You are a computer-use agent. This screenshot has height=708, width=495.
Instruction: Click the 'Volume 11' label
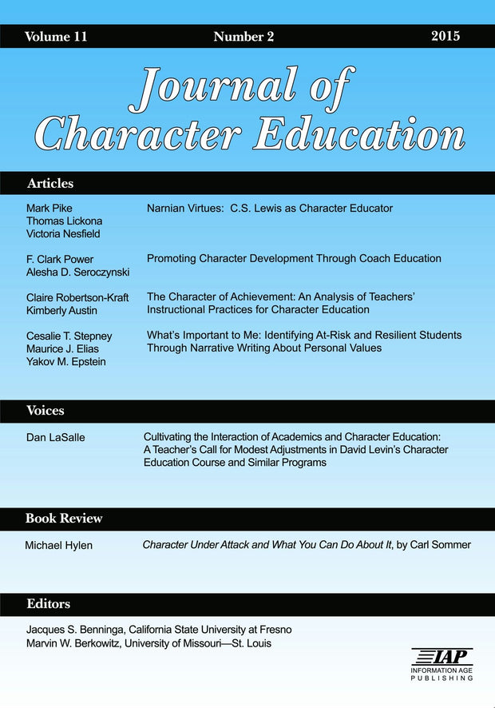tap(56, 37)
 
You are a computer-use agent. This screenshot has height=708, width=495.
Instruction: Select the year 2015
tap(445, 37)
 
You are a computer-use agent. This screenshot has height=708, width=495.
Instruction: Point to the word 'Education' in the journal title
tap(358, 133)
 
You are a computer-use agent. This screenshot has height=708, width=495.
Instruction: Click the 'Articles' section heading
tap(49, 183)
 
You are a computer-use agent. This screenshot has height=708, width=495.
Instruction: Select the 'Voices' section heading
tap(46, 411)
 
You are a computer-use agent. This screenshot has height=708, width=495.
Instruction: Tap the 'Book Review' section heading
tap(64, 519)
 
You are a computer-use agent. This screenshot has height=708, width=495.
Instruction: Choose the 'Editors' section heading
tap(48, 604)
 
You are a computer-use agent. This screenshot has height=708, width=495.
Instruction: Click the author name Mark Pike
tap(49, 209)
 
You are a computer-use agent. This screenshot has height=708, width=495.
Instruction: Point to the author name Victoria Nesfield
tap(64, 233)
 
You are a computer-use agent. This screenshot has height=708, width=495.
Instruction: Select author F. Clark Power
tap(60, 259)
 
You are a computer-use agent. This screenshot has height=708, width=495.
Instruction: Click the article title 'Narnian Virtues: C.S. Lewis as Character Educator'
tap(270, 209)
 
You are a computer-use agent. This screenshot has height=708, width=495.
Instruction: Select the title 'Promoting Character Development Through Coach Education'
tap(294, 259)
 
